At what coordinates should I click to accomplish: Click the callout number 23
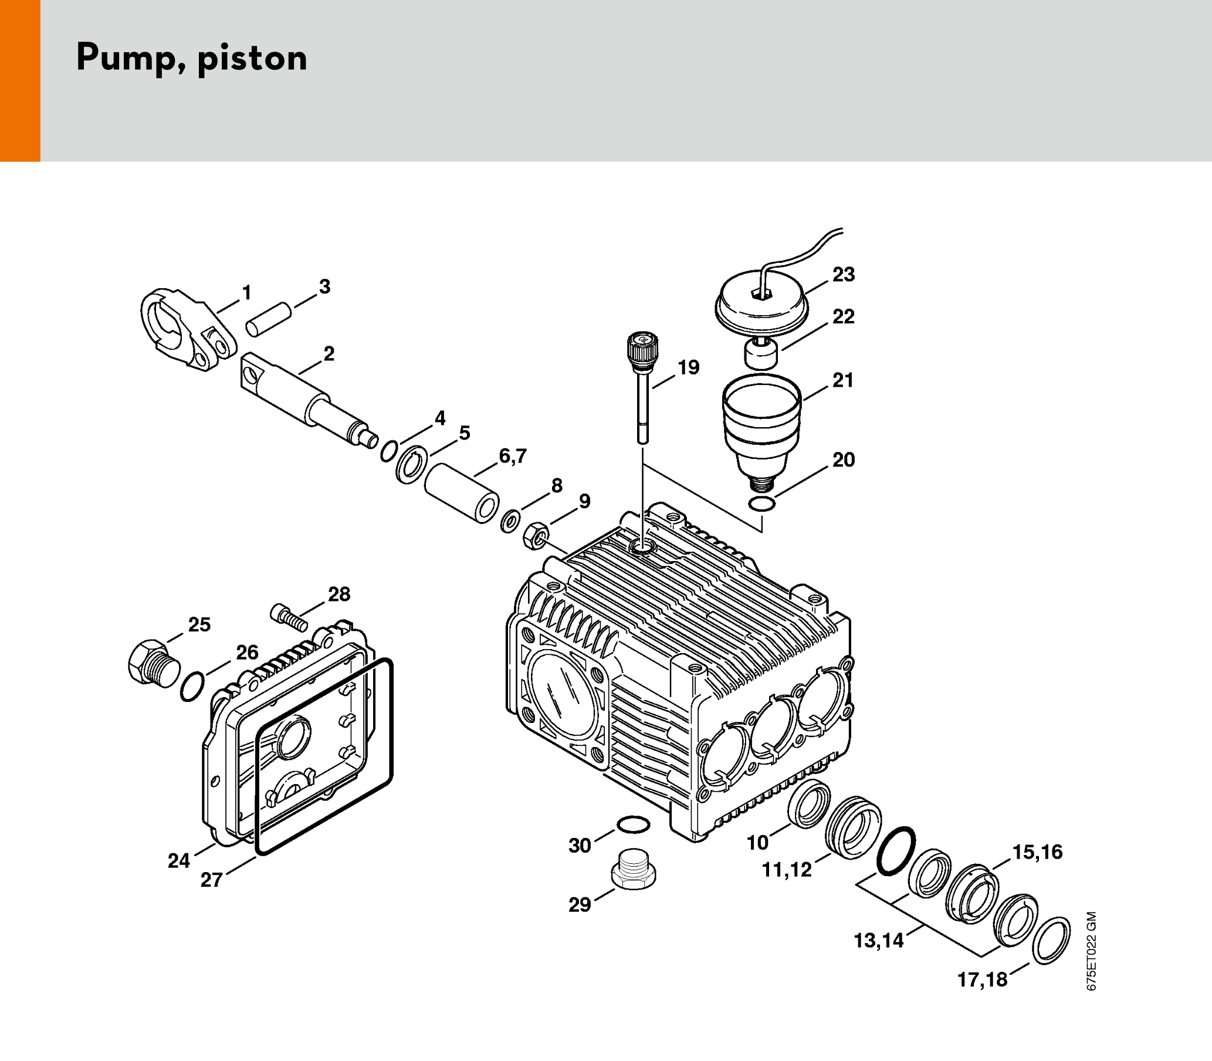tap(844, 275)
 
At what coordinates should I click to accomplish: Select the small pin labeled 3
tap(269, 320)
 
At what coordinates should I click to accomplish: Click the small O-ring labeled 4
tap(388, 451)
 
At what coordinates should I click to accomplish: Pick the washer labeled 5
tap(412, 465)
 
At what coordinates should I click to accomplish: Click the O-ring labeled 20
tap(761, 505)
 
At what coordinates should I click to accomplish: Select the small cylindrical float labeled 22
tap(760, 353)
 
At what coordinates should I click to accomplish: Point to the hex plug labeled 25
tap(152, 663)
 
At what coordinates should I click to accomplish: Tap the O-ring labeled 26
tap(192, 687)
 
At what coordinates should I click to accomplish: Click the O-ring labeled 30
tap(633, 824)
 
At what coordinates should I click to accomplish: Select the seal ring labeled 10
tap(808, 804)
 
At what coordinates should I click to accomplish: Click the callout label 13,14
tap(879, 940)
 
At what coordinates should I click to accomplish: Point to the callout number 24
tap(179, 861)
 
